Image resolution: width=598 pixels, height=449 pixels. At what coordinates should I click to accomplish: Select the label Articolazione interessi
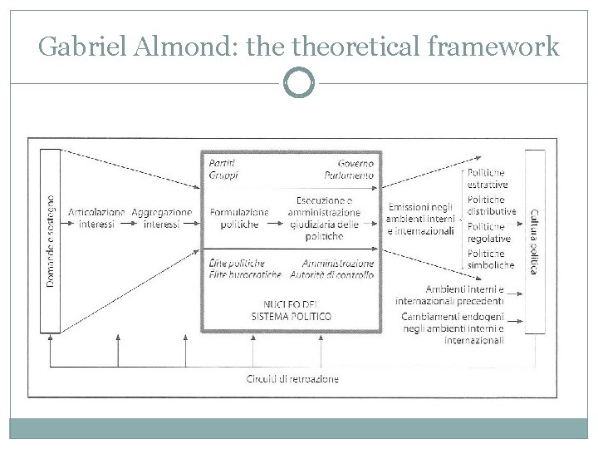coord(93,218)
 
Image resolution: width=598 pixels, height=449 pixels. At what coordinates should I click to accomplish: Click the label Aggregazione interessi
coord(161,218)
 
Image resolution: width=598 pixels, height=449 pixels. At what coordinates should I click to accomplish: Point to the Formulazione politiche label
coord(239,218)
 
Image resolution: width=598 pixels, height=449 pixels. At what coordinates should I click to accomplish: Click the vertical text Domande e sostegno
coord(51,241)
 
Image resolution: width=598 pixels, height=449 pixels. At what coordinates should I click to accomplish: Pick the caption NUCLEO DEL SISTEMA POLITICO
coord(291,311)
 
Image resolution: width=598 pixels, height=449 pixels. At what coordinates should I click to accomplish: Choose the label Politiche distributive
coord(490,205)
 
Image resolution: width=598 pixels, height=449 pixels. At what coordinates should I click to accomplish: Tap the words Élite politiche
coord(238,263)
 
